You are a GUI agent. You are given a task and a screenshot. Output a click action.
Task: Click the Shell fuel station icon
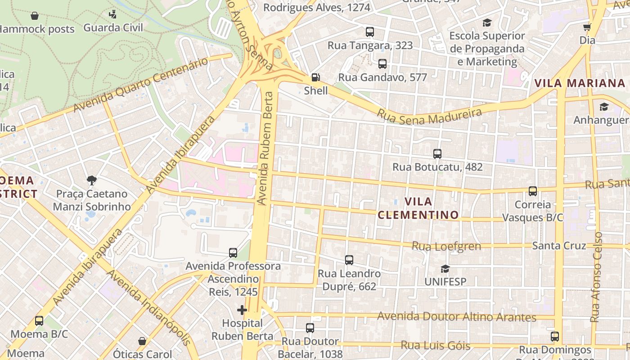pos(316,77)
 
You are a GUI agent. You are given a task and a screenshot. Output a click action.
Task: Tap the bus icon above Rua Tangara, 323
pos(369,32)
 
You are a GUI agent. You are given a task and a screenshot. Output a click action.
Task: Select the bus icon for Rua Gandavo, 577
pos(382,64)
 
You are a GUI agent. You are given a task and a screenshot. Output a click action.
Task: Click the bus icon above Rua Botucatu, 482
pos(437,154)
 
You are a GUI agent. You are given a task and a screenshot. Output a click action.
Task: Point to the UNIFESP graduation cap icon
pos(445,269)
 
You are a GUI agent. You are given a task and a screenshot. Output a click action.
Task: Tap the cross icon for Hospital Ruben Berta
pos(242,310)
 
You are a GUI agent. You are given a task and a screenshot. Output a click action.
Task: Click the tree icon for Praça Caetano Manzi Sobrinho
pos(92,180)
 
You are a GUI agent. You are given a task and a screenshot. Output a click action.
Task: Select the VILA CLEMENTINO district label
pos(418,208)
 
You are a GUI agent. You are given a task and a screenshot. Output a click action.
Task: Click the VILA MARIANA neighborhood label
pos(580,83)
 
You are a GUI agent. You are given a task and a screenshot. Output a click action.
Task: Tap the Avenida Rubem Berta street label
pos(265,148)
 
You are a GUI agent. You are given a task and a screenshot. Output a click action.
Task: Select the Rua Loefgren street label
pos(446,246)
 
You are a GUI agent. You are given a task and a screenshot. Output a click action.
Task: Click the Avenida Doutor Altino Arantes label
pos(456,317)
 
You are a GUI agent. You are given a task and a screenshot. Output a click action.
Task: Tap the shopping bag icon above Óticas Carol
pos(142,341)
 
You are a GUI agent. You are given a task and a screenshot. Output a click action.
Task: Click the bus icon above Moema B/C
pos(39,321)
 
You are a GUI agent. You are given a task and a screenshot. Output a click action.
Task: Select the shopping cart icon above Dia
pos(587,27)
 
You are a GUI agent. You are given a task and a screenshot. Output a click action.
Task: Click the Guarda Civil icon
pos(113,14)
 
